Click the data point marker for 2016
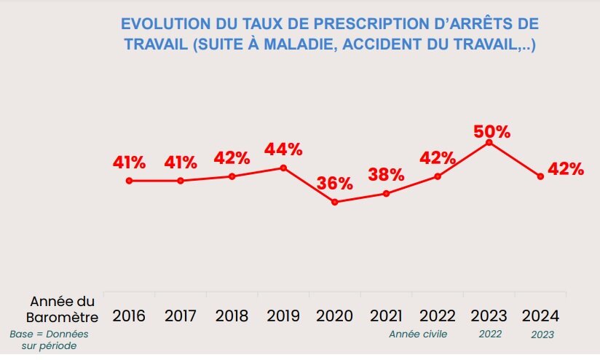point(129,181)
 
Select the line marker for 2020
point(334,202)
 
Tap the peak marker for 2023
point(489,142)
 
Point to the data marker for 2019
point(283,168)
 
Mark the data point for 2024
point(540,176)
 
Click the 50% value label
point(492,132)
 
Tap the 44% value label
point(283,149)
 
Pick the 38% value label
point(386,174)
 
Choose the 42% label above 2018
point(232,158)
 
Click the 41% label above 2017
point(181,163)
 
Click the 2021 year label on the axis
point(386,316)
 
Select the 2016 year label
point(129,316)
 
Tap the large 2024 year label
point(540,316)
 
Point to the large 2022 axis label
point(438,316)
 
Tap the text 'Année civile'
point(417,334)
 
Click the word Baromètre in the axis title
point(62,318)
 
